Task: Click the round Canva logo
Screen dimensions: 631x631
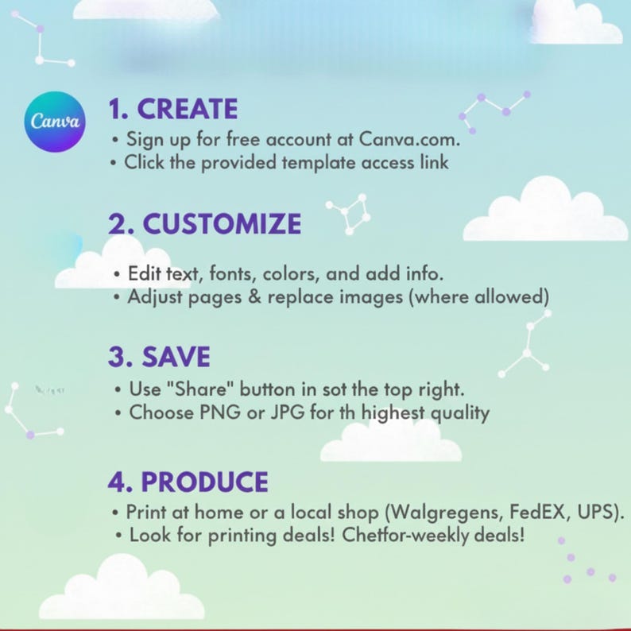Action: [55, 122]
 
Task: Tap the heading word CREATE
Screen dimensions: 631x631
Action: [188, 109]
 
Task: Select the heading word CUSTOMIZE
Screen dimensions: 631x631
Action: [222, 223]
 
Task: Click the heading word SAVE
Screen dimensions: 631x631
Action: [176, 357]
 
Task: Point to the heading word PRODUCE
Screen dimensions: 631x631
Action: [204, 482]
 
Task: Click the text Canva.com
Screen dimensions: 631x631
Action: [408, 139]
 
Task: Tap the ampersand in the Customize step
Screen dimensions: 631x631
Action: [254, 297]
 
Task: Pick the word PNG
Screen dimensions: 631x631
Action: [220, 412]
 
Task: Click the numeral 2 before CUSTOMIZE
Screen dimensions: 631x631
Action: [116, 224]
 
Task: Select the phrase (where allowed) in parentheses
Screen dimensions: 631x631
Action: [478, 297]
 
